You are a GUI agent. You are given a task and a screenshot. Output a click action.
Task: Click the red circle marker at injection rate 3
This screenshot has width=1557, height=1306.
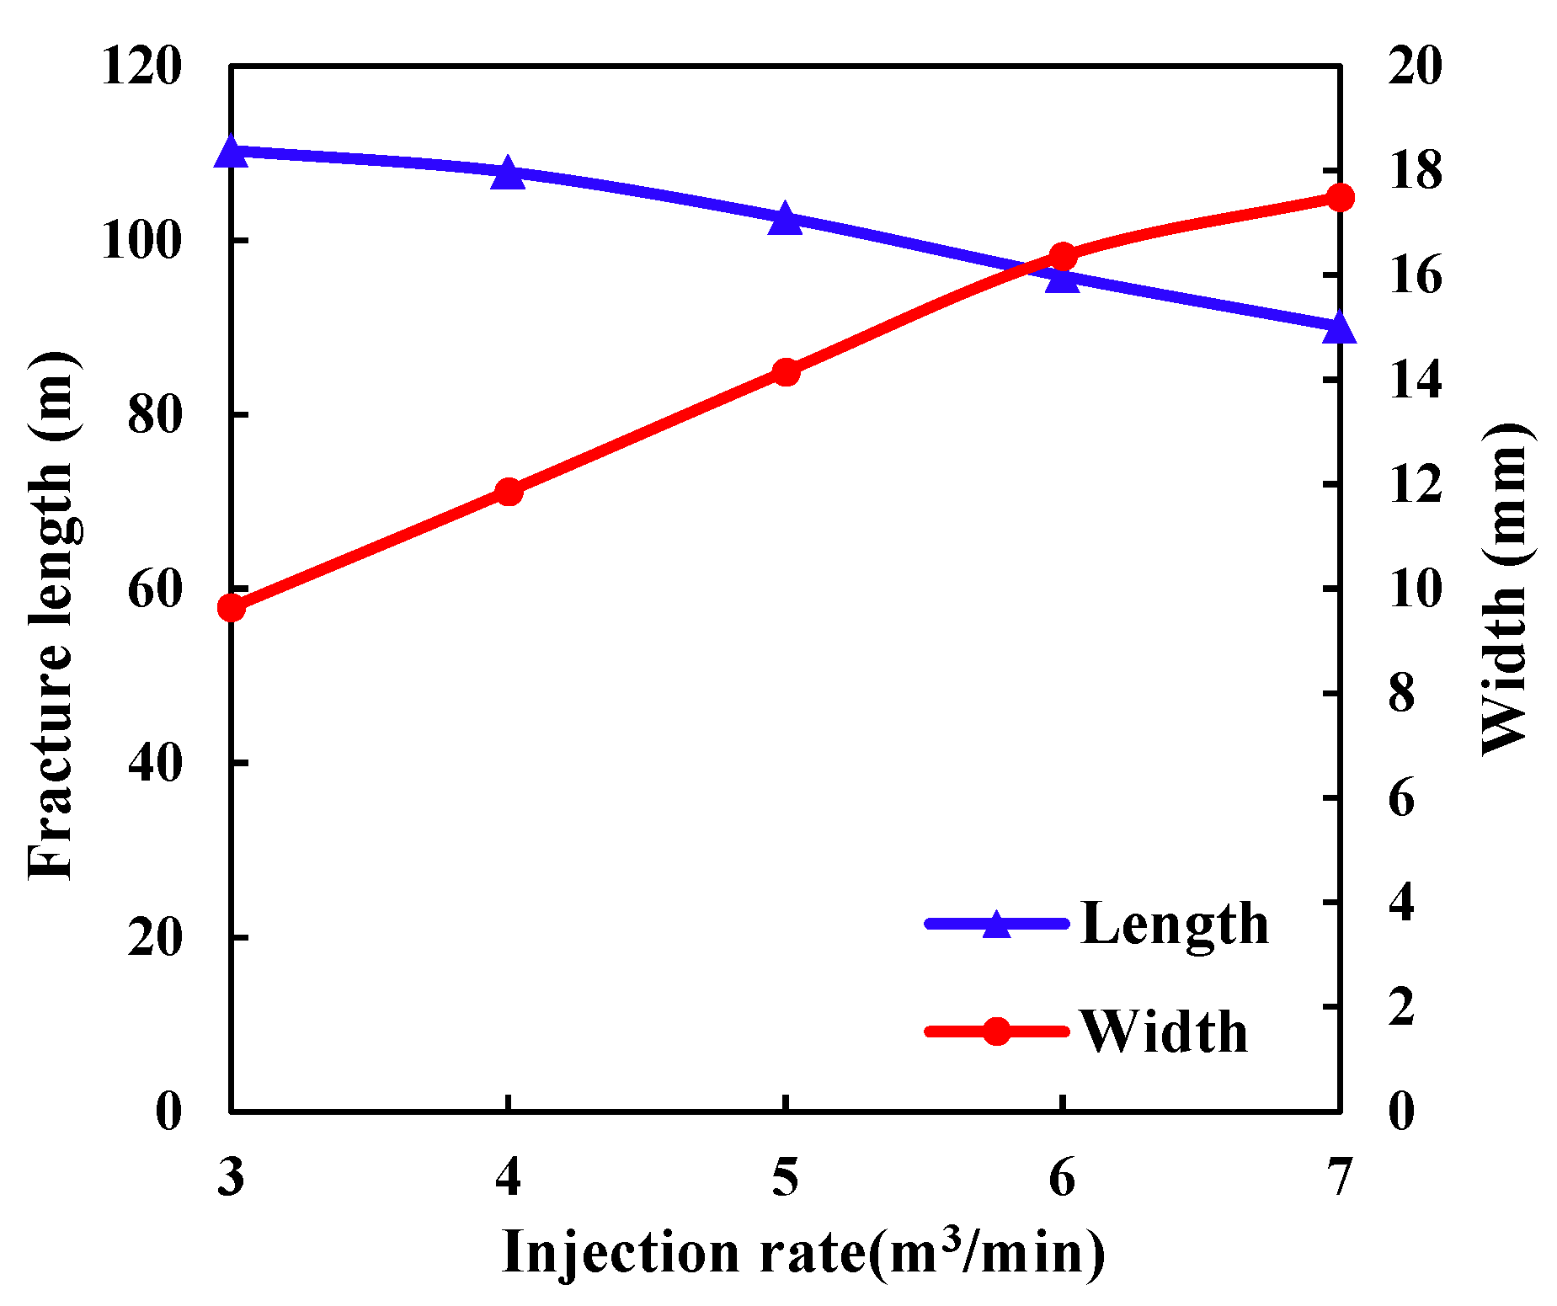click(x=231, y=608)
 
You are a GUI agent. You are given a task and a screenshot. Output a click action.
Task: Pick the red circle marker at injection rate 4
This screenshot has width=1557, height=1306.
click(x=508, y=492)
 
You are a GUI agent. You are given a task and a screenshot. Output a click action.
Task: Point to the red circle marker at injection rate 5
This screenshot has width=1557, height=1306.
click(x=785, y=372)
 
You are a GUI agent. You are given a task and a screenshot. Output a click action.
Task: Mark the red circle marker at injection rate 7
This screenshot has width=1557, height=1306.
click(x=1339, y=198)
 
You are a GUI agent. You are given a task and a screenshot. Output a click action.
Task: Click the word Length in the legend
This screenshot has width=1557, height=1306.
click(x=1174, y=925)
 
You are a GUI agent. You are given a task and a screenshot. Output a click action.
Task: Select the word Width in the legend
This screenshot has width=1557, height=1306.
click(x=1164, y=1032)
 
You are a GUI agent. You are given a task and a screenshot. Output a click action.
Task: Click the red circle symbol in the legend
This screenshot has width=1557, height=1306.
click(x=996, y=1031)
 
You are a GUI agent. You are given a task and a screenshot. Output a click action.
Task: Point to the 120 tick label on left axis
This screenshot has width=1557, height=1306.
click(x=141, y=67)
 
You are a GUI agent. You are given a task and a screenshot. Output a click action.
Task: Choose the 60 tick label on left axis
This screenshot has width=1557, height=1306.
click(x=154, y=589)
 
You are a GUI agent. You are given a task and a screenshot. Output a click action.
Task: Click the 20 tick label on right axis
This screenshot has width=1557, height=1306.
click(x=1415, y=67)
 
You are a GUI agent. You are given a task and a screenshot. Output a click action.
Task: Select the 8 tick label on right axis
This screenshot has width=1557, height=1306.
click(x=1402, y=694)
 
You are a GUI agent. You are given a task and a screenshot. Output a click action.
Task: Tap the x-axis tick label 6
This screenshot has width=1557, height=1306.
click(x=1062, y=1176)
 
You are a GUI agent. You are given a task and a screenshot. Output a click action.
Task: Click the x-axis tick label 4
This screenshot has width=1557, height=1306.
click(x=508, y=1176)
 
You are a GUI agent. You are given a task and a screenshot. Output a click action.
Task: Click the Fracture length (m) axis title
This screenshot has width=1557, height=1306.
click(x=52, y=615)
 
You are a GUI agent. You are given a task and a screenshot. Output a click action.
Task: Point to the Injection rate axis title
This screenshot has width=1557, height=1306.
click(x=802, y=1252)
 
